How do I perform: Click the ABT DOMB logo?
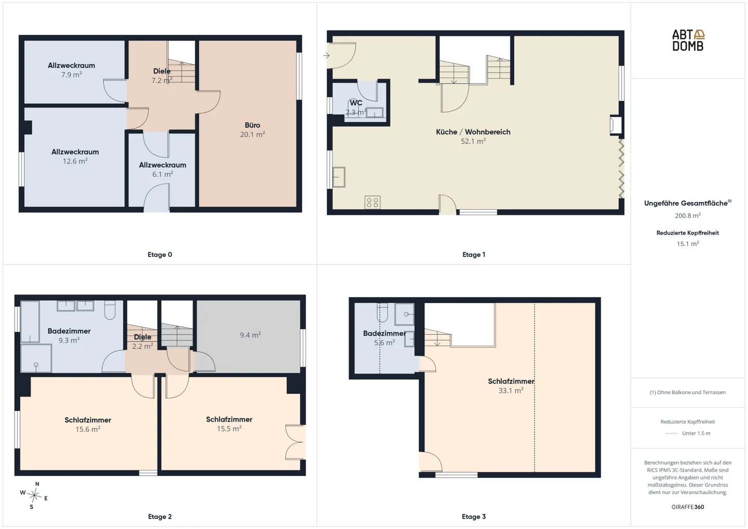[x=688, y=40]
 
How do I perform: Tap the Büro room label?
[x=252, y=125]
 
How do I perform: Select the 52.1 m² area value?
[x=473, y=141]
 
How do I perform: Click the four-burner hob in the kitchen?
[x=372, y=202]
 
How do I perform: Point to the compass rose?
[x=34, y=495]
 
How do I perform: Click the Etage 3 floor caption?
[x=474, y=517]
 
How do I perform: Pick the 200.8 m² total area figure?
[x=688, y=215]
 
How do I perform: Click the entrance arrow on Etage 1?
[x=326, y=56]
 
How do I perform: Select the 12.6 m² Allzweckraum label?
[x=75, y=156]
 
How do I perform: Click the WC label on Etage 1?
[x=356, y=102]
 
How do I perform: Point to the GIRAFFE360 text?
[x=688, y=507]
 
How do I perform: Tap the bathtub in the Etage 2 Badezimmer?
[x=30, y=321]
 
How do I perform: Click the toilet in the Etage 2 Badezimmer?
[x=110, y=309]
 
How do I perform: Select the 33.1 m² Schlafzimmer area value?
[x=511, y=390]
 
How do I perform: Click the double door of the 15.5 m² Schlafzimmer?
[x=295, y=442]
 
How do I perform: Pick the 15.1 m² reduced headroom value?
[x=688, y=243]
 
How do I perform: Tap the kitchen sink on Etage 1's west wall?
[x=338, y=177]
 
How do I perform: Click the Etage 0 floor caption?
[x=159, y=255]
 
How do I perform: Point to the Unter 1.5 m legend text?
[x=696, y=433]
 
